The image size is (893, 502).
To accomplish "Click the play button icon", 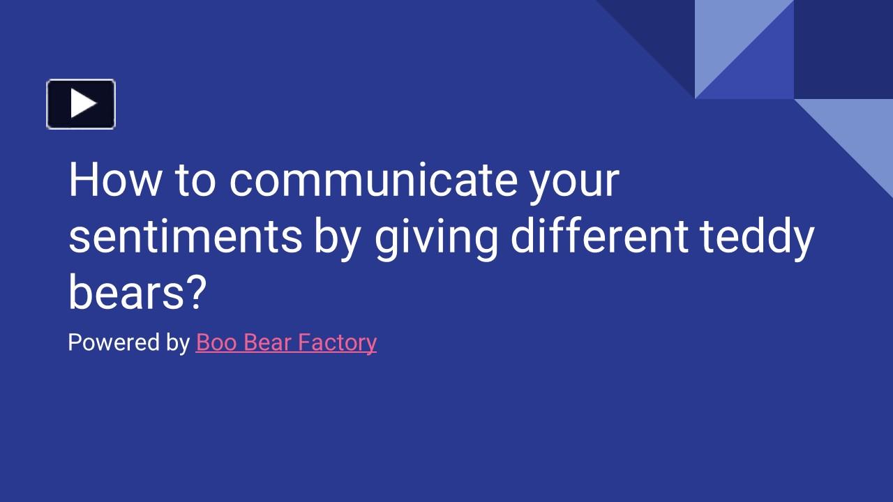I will (x=81, y=104).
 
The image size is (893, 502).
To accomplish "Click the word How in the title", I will (x=114, y=180).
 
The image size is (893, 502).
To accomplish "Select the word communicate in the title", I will (x=373, y=180).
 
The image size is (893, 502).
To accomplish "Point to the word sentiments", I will (x=185, y=237).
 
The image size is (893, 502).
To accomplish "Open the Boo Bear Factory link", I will (x=286, y=342).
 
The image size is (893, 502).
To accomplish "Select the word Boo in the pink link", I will (x=216, y=342).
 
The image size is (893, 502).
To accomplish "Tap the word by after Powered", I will (x=178, y=344).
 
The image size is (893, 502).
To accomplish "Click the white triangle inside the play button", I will (x=83, y=104).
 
